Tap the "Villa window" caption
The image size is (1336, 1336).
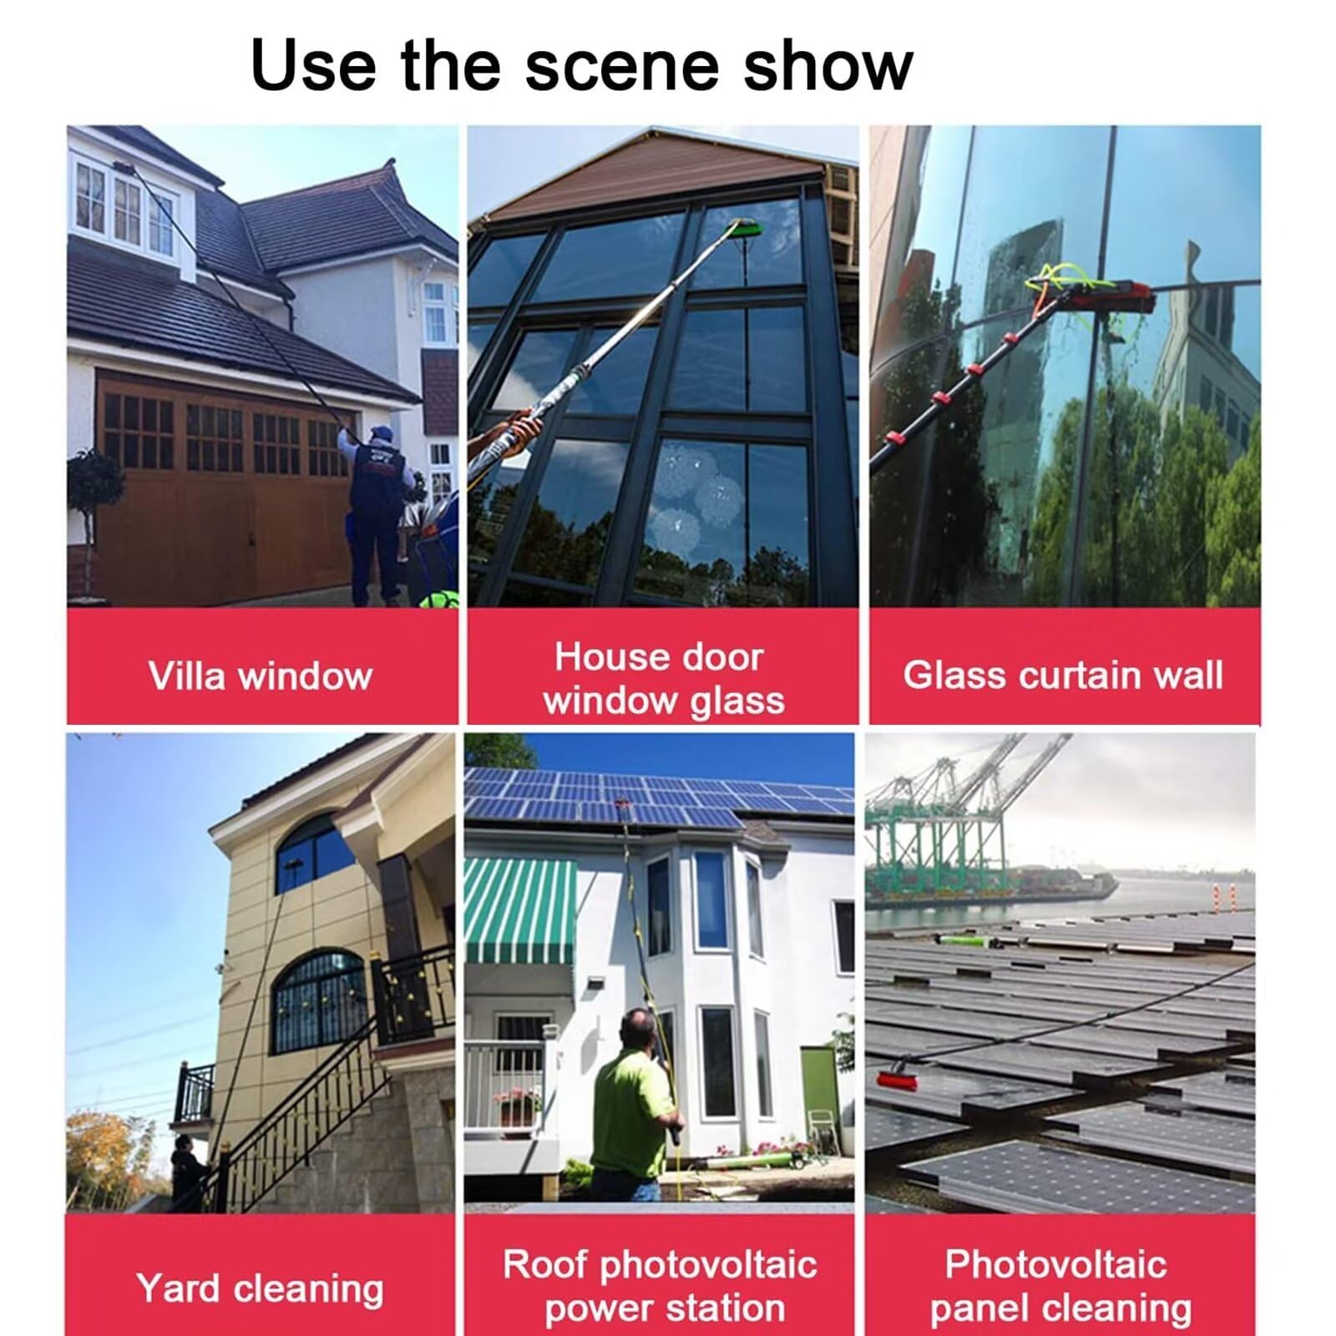(261, 676)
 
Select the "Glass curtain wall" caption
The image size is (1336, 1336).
(1063, 675)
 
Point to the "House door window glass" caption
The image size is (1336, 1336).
(662, 678)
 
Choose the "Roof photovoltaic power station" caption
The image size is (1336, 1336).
(660, 1286)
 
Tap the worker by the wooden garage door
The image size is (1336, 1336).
(375, 513)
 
